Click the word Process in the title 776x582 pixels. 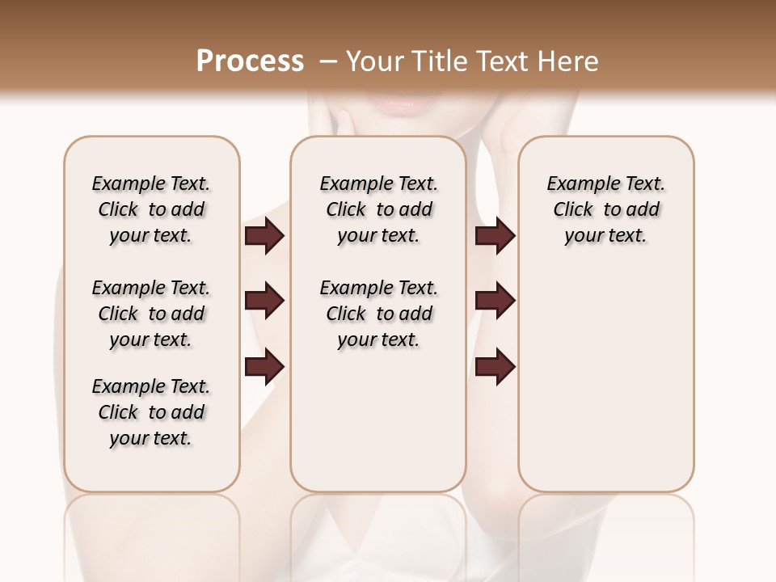pos(249,61)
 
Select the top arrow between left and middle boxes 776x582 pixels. pos(264,236)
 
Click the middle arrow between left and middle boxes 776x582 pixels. pos(264,302)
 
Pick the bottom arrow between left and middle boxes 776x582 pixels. pos(264,367)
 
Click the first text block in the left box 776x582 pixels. pos(151,209)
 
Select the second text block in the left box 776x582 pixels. pos(151,314)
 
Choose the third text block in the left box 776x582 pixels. pos(151,412)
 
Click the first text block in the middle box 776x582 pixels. pos(378,209)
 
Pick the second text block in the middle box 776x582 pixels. pos(378,314)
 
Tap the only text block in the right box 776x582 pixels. pos(606,209)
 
